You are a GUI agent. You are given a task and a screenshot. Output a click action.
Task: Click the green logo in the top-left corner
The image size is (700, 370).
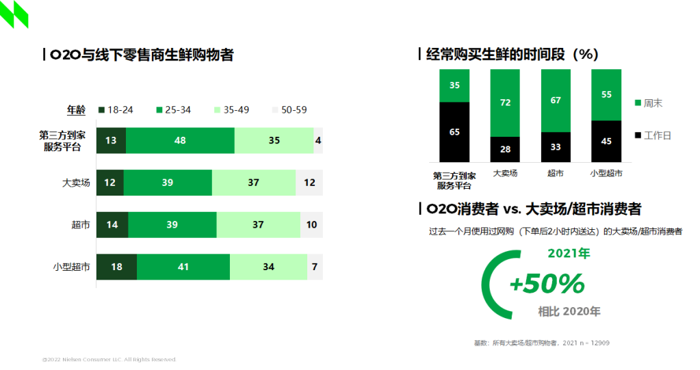14,14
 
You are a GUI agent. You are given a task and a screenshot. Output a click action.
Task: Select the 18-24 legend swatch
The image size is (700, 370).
101,109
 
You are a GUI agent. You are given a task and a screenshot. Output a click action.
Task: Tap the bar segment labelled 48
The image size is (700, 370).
181,141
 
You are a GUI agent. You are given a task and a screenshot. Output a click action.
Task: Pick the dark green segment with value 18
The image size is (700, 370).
116,267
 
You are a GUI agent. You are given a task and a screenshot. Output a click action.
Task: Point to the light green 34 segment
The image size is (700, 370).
268,267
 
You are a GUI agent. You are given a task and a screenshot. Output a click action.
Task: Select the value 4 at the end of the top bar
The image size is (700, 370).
318,141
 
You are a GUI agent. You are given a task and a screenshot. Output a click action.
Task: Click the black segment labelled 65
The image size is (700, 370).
454,132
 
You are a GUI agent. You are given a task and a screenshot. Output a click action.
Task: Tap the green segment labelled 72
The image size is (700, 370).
505,103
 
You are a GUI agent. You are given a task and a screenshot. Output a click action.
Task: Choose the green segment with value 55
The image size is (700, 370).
606,94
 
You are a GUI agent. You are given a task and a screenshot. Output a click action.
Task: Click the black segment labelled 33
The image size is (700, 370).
556,147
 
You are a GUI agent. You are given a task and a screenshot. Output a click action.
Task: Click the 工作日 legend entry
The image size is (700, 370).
653,135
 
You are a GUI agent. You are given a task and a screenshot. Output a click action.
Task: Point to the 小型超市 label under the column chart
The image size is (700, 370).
606,173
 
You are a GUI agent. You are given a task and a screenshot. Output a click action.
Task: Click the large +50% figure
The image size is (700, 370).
547,283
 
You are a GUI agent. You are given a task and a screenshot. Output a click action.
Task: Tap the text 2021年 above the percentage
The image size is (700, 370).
569,253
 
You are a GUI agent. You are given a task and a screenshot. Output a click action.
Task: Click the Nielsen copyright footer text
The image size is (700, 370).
109,359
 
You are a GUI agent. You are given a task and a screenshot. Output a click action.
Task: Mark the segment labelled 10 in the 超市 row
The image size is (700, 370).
311,225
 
